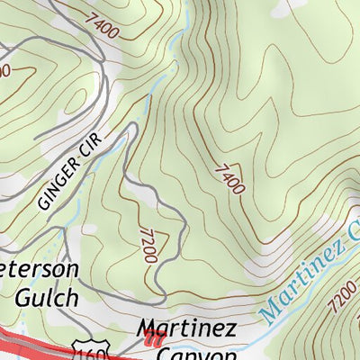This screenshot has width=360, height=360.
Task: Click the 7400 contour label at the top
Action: coord(103,25)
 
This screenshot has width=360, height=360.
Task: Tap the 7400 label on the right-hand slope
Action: coord(229,178)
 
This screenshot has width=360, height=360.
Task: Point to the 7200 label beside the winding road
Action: coord(148,246)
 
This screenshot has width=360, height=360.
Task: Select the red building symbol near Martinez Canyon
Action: coord(153,340)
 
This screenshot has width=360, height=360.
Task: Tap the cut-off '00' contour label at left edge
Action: coord(4,70)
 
